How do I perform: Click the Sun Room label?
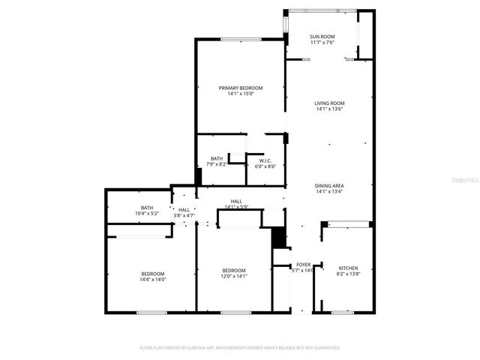322,37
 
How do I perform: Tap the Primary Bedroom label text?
241,88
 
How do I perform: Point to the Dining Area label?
329,185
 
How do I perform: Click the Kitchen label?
348,268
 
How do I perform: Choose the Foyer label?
303,265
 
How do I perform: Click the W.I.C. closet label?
265,160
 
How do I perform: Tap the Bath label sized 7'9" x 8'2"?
217,158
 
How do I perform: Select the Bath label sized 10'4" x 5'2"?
147,208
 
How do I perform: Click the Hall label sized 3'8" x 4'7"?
184,210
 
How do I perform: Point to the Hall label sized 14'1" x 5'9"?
236,201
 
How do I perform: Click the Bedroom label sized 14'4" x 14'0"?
153,274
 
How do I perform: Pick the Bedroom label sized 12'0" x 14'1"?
233,271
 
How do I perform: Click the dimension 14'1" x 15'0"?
241,94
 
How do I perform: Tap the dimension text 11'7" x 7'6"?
322,43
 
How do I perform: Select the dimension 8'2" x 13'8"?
348,274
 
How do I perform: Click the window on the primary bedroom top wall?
241,39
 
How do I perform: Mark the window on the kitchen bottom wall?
343,312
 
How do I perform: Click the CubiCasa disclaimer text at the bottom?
240,348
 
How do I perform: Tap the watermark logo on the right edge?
471,180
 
